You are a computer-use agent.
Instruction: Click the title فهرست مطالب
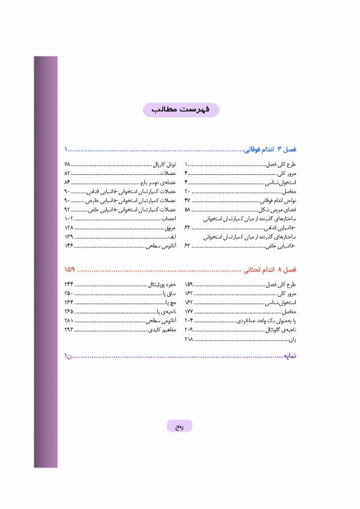pyautogui.click(x=180, y=110)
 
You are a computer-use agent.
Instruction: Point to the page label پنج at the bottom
pyautogui.click(x=180, y=426)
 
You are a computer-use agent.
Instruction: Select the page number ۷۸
pyautogui.click(x=68, y=164)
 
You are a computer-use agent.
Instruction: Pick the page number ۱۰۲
pyautogui.click(x=69, y=218)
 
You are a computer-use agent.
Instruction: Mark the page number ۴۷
pyautogui.click(x=188, y=199)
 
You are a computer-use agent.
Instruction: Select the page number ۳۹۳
pyautogui.click(x=69, y=329)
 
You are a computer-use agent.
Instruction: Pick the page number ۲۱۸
pyautogui.click(x=188, y=339)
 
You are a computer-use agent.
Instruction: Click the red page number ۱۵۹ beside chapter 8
pyautogui.click(x=70, y=270)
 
